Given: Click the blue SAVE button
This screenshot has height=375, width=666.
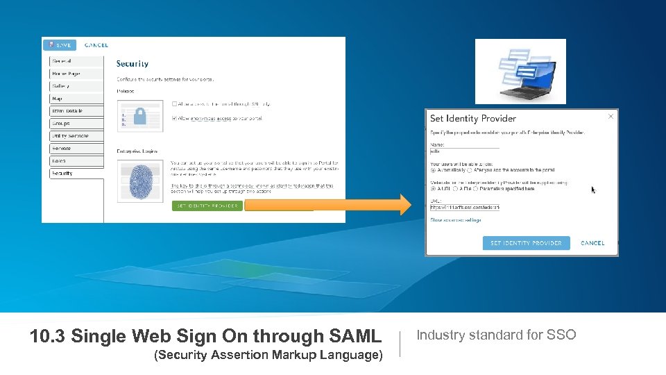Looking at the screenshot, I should (x=59, y=45).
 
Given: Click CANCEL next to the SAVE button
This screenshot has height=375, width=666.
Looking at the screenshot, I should (x=96, y=45).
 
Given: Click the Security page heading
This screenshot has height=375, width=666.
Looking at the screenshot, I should (x=133, y=64).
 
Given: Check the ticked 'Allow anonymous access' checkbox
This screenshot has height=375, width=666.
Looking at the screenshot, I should (x=175, y=119).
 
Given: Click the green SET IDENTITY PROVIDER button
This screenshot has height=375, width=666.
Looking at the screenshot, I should (x=207, y=206).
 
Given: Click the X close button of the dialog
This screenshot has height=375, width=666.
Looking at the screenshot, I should (x=610, y=117).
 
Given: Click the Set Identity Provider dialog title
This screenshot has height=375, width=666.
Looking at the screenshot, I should (x=472, y=119).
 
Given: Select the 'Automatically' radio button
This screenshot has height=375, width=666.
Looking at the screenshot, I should (x=434, y=169).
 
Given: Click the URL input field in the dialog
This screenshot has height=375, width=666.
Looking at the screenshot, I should (x=464, y=207).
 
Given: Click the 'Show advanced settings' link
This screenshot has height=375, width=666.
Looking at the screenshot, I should (x=455, y=220).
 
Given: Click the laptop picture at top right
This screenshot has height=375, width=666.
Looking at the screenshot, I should (x=520, y=71).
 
